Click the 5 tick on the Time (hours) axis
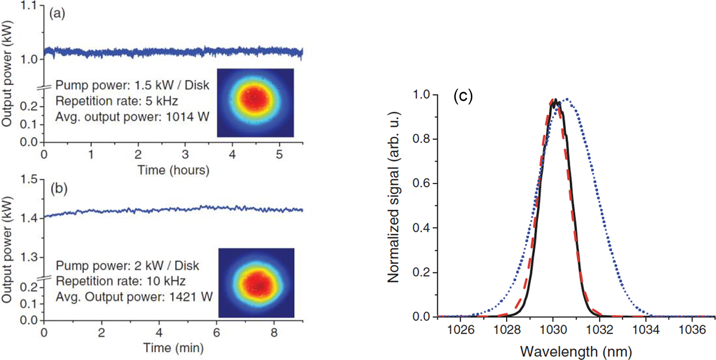(x=279, y=154)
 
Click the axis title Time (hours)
(x=173, y=171)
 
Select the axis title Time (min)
(x=173, y=349)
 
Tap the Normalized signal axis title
(x=393, y=205)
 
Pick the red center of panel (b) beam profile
(x=256, y=282)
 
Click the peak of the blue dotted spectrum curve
(x=567, y=99)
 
